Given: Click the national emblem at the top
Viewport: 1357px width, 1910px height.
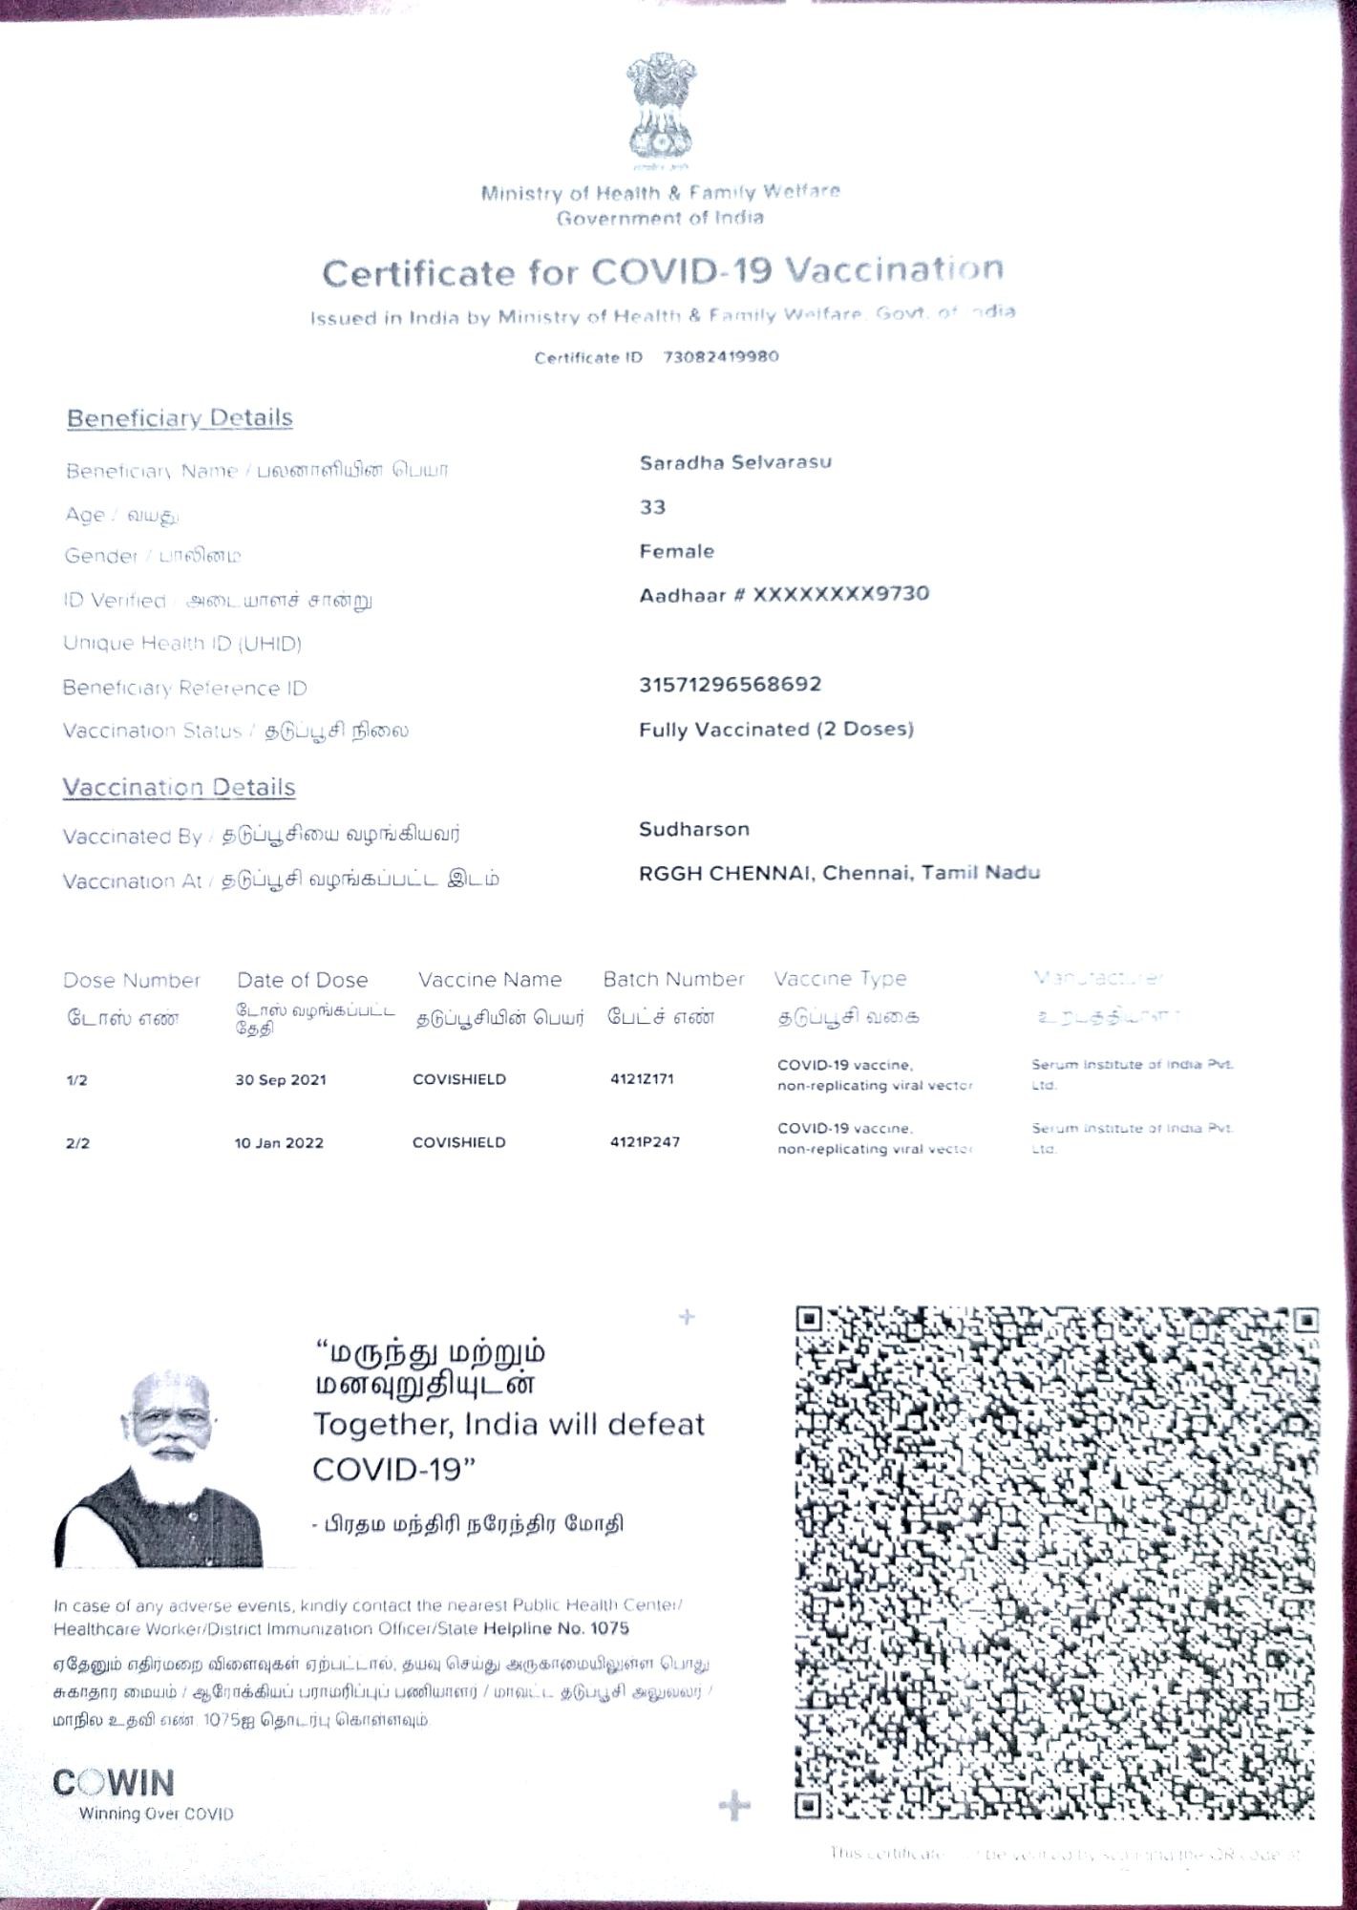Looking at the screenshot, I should [661, 107].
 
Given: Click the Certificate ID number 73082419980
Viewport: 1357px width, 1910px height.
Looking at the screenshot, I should [720, 357].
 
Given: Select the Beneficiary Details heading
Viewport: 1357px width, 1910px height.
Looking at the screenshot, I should [180, 418].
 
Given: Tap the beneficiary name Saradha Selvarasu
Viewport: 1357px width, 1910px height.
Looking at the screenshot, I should [735, 462].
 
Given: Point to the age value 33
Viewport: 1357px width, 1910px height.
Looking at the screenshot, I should [652, 507].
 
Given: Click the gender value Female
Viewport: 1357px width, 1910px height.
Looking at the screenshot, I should [676, 551].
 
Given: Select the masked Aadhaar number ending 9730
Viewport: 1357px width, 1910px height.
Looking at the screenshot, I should [784, 594].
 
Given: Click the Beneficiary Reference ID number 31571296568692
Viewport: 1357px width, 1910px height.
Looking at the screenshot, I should [730, 685].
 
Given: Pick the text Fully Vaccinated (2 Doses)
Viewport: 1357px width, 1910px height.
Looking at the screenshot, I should [776, 730].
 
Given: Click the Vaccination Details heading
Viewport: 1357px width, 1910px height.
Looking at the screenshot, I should [179, 788].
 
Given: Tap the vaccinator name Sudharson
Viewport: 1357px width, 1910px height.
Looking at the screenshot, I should [694, 829].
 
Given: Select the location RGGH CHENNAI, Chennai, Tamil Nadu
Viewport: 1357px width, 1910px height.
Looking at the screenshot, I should [839, 873].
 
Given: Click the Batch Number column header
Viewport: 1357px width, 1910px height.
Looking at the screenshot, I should [673, 980].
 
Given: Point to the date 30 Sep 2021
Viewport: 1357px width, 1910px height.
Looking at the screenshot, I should [281, 1080].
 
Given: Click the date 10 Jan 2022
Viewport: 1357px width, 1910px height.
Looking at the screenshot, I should [279, 1143].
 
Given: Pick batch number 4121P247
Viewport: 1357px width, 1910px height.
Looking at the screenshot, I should [645, 1142].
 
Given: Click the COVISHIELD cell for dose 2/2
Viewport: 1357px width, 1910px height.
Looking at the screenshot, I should [459, 1142].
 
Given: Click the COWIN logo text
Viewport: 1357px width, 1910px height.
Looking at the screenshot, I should [114, 1783].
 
